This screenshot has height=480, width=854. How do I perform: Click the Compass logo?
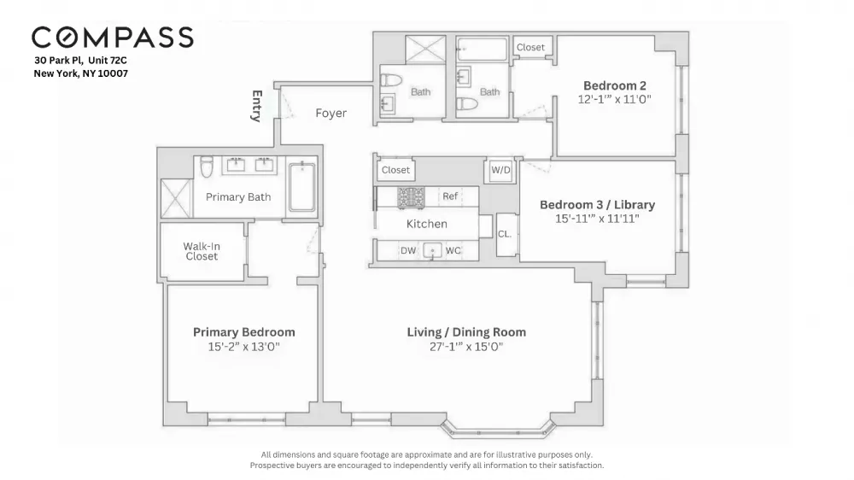coord(112,38)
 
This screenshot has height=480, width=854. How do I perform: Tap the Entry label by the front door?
coord(257,106)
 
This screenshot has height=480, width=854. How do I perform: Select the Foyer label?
coord(331,113)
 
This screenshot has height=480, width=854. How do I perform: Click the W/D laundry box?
coord(500,170)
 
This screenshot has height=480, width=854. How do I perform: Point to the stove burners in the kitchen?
coord(411,198)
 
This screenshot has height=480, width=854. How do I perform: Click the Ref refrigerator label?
coord(450,196)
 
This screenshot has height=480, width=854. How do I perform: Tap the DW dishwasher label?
coord(408,250)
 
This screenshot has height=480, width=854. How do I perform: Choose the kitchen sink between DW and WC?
coord(432,250)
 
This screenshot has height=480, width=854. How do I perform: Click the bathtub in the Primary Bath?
coord(301,187)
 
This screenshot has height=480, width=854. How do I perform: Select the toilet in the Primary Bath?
coord(207,167)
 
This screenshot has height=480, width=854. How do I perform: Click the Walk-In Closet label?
coord(202,251)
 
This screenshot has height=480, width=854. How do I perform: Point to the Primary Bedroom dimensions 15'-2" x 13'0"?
coord(243,347)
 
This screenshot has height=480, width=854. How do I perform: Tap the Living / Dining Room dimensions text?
coord(466,347)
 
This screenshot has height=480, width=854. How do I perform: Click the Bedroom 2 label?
coord(615,85)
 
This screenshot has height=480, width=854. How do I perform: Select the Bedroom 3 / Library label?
coord(598,205)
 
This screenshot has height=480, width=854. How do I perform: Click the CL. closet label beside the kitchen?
coord(505,234)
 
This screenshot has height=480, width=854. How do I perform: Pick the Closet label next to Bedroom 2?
coord(530,47)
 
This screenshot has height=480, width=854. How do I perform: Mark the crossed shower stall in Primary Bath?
coord(177,198)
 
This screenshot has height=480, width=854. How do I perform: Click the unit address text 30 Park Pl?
coord(59,61)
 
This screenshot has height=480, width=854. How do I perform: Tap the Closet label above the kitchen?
coord(395,170)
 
